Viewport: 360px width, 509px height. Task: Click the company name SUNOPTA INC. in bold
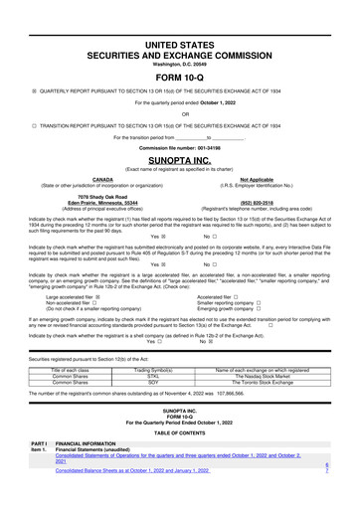point(179,157)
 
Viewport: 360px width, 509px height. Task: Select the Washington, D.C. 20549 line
point(179,36)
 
